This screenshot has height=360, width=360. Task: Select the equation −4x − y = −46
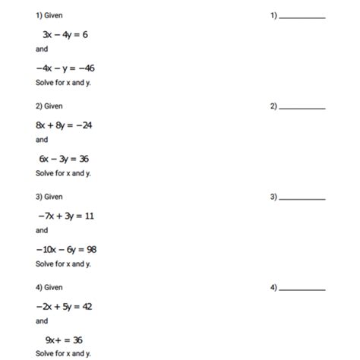click(x=66, y=68)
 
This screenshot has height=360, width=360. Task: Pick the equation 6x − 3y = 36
click(x=65, y=159)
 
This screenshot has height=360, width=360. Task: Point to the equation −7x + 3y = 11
click(x=65, y=216)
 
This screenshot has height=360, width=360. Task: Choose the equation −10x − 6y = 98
click(x=66, y=249)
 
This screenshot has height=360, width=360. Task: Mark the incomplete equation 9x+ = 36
click(x=62, y=339)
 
